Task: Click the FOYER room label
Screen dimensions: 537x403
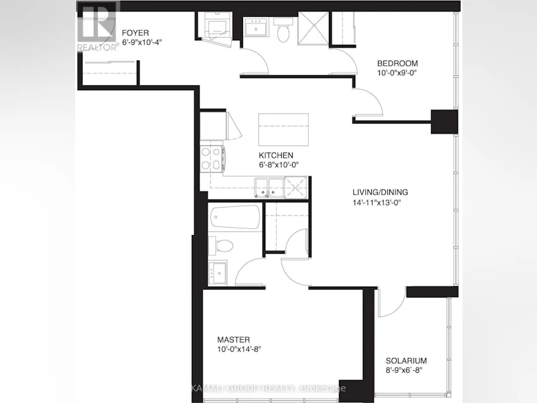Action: tap(136, 33)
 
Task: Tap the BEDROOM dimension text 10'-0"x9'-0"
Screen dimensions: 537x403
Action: tap(397, 73)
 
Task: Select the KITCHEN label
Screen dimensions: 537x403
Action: tap(276, 155)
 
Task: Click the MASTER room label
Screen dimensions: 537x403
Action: tap(234, 340)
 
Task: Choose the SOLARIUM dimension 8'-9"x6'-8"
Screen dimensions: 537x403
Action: tap(404, 370)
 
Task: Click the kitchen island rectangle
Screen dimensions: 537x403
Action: tap(283, 130)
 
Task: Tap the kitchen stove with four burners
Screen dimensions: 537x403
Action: tap(212, 159)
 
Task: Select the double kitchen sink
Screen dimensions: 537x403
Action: tap(269, 188)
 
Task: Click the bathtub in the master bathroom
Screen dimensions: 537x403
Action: tap(235, 217)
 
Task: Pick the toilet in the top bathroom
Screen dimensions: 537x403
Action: tap(283, 30)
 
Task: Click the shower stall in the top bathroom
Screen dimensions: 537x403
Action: tap(313, 28)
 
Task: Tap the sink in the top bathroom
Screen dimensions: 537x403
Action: tap(256, 27)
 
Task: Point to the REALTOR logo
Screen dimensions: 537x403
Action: tap(97, 26)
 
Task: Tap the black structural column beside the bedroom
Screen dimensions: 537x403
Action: tap(444, 122)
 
